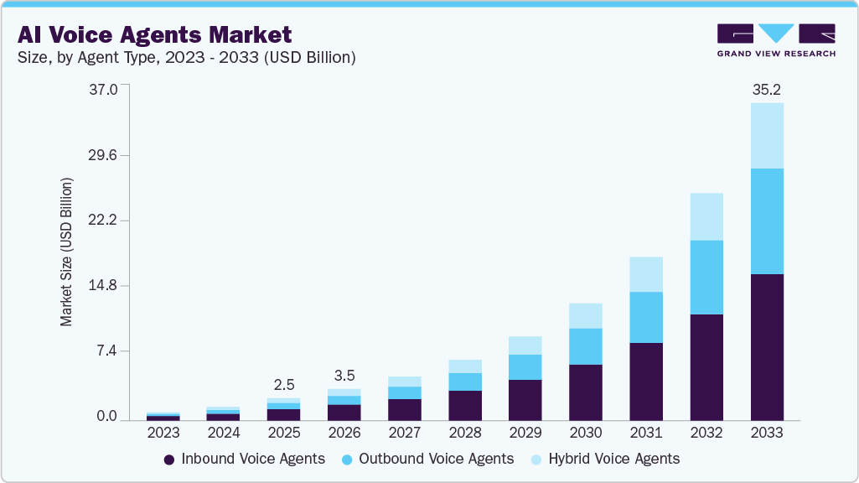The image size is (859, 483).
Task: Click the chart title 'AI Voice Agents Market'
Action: [x=154, y=34]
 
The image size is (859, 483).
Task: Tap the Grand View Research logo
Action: [x=775, y=39]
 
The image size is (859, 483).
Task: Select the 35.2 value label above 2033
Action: [x=767, y=89]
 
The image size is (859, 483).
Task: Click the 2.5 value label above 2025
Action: [x=284, y=384]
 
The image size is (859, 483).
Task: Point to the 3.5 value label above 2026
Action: [x=344, y=375]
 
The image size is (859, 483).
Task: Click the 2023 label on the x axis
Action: [x=163, y=433]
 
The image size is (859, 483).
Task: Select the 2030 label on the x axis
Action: [x=586, y=433]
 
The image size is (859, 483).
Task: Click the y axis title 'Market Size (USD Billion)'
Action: [x=66, y=252]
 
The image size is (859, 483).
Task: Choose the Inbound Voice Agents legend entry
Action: [x=244, y=459]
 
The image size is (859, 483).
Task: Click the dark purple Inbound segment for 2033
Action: [x=767, y=346]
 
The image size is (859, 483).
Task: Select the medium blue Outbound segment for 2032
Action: [x=706, y=277]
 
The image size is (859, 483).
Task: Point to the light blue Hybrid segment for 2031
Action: [x=646, y=274]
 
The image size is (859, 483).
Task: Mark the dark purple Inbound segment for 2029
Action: [x=525, y=399]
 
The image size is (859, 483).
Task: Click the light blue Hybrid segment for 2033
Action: [x=767, y=136]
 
